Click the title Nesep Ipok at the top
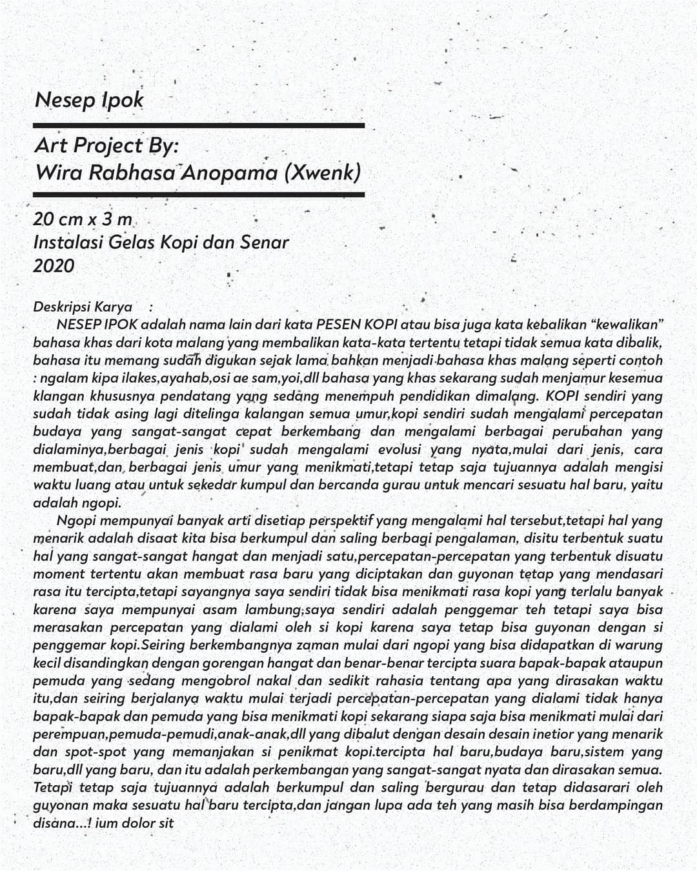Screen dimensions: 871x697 pos(89,100)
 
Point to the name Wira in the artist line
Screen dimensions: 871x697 pos(58,173)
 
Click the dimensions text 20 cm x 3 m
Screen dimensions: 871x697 pos(83,219)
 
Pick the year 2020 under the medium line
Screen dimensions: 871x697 pos(54,265)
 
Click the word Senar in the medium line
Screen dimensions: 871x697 pos(263,243)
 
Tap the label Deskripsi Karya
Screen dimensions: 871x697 pos(83,307)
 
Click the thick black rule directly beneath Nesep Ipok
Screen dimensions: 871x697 pos(199,125)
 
